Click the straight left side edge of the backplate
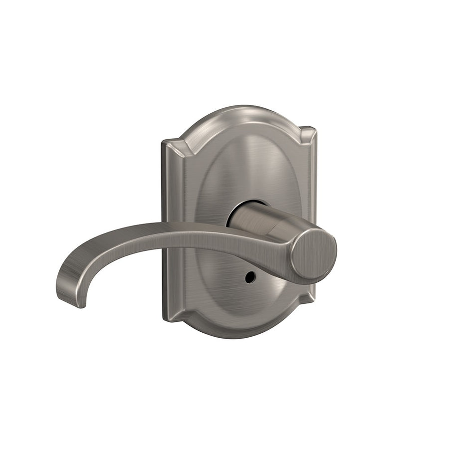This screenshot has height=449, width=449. (165, 229)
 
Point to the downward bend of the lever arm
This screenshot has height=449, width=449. (95, 249)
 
